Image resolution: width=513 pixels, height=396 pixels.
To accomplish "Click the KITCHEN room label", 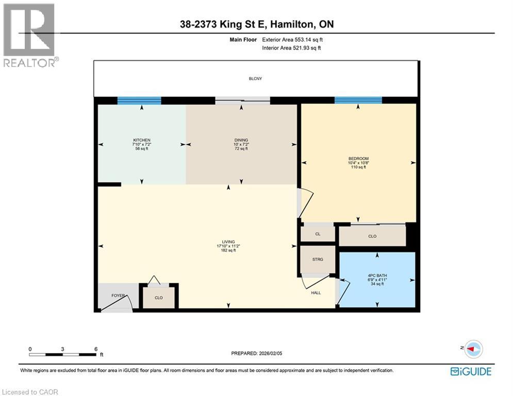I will (141, 140).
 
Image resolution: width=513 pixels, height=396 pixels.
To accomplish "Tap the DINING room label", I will (241, 140).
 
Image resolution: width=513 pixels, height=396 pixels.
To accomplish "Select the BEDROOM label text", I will (358, 159).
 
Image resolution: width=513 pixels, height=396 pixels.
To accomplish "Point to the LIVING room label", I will (228, 242).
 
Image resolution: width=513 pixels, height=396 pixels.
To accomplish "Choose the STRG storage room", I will (318, 259).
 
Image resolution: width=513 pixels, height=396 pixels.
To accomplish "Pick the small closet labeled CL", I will (318, 234).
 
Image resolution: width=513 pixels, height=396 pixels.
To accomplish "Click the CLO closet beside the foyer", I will (159, 298).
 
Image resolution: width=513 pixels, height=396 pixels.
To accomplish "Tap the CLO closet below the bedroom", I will (372, 236).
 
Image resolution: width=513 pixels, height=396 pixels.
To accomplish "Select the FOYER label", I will (119, 295).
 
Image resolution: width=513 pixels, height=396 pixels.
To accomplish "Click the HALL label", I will (316, 293).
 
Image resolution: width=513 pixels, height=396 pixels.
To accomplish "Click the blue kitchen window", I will (139, 101).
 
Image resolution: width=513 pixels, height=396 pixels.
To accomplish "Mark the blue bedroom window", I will (358, 100).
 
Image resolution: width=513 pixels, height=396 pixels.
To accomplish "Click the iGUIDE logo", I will (471, 371).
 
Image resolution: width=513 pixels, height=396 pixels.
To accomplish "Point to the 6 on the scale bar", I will (96, 349).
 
